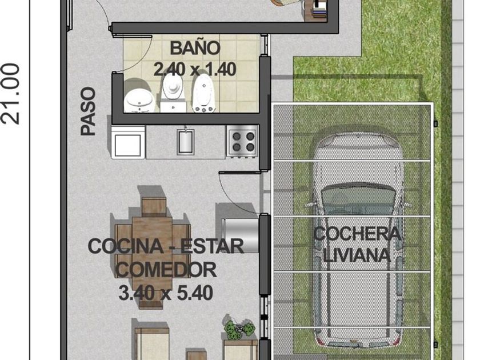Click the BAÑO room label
(195, 48)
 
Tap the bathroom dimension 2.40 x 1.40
(195, 69)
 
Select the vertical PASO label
(88, 111)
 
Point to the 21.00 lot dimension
(11, 94)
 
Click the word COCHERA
(357, 234)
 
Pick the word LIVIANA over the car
(357, 255)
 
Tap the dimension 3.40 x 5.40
(166, 293)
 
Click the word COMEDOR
(166, 269)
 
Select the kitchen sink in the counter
(186, 142)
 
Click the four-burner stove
(242, 141)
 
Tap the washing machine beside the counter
(128, 142)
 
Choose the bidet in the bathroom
(203, 93)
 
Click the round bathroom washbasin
(139, 100)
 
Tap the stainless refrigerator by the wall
(241, 235)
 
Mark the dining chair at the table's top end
(154, 207)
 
